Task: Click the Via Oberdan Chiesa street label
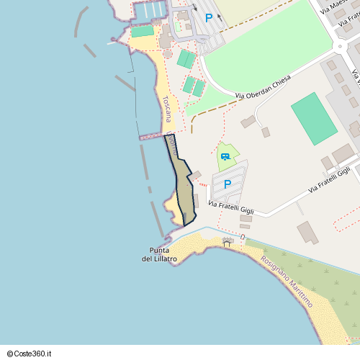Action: [x=263, y=86]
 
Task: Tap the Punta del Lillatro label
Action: [x=156, y=254]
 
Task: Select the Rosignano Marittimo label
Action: [x=287, y=282]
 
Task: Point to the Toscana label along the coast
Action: [x=166, y=109]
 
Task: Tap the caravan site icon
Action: [x=226, y=156]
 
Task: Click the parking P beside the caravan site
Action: [x=228, y=184]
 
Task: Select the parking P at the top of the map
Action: [x=209, y=19]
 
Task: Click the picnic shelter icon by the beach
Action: [x=228, y=242]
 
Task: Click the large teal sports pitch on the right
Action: [x=314, y=118]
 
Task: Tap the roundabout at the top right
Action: [x=342, y=48]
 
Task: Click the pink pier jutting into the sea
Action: [x=153, y=135]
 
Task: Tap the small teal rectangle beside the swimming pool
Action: [x=143, y=31]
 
